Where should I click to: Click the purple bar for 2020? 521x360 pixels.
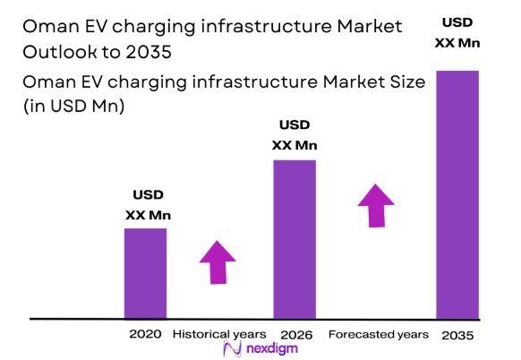click(x=145, y=273)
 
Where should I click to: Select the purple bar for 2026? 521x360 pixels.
click(x=295, y=239)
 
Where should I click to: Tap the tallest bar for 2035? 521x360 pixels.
click(x=457, y=194)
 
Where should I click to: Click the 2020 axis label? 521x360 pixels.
click(x=145, y=334)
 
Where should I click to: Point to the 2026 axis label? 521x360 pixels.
click(x=295, y=334)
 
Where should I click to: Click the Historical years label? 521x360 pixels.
click(x=218, y=334)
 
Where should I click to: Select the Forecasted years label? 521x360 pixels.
click(x=378, y=334)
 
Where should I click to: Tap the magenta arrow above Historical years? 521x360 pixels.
click(x=218, y=261)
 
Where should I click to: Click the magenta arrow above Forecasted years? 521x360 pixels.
click(x=376, y=205)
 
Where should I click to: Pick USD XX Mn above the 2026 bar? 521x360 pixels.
click(x=295, y=134)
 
